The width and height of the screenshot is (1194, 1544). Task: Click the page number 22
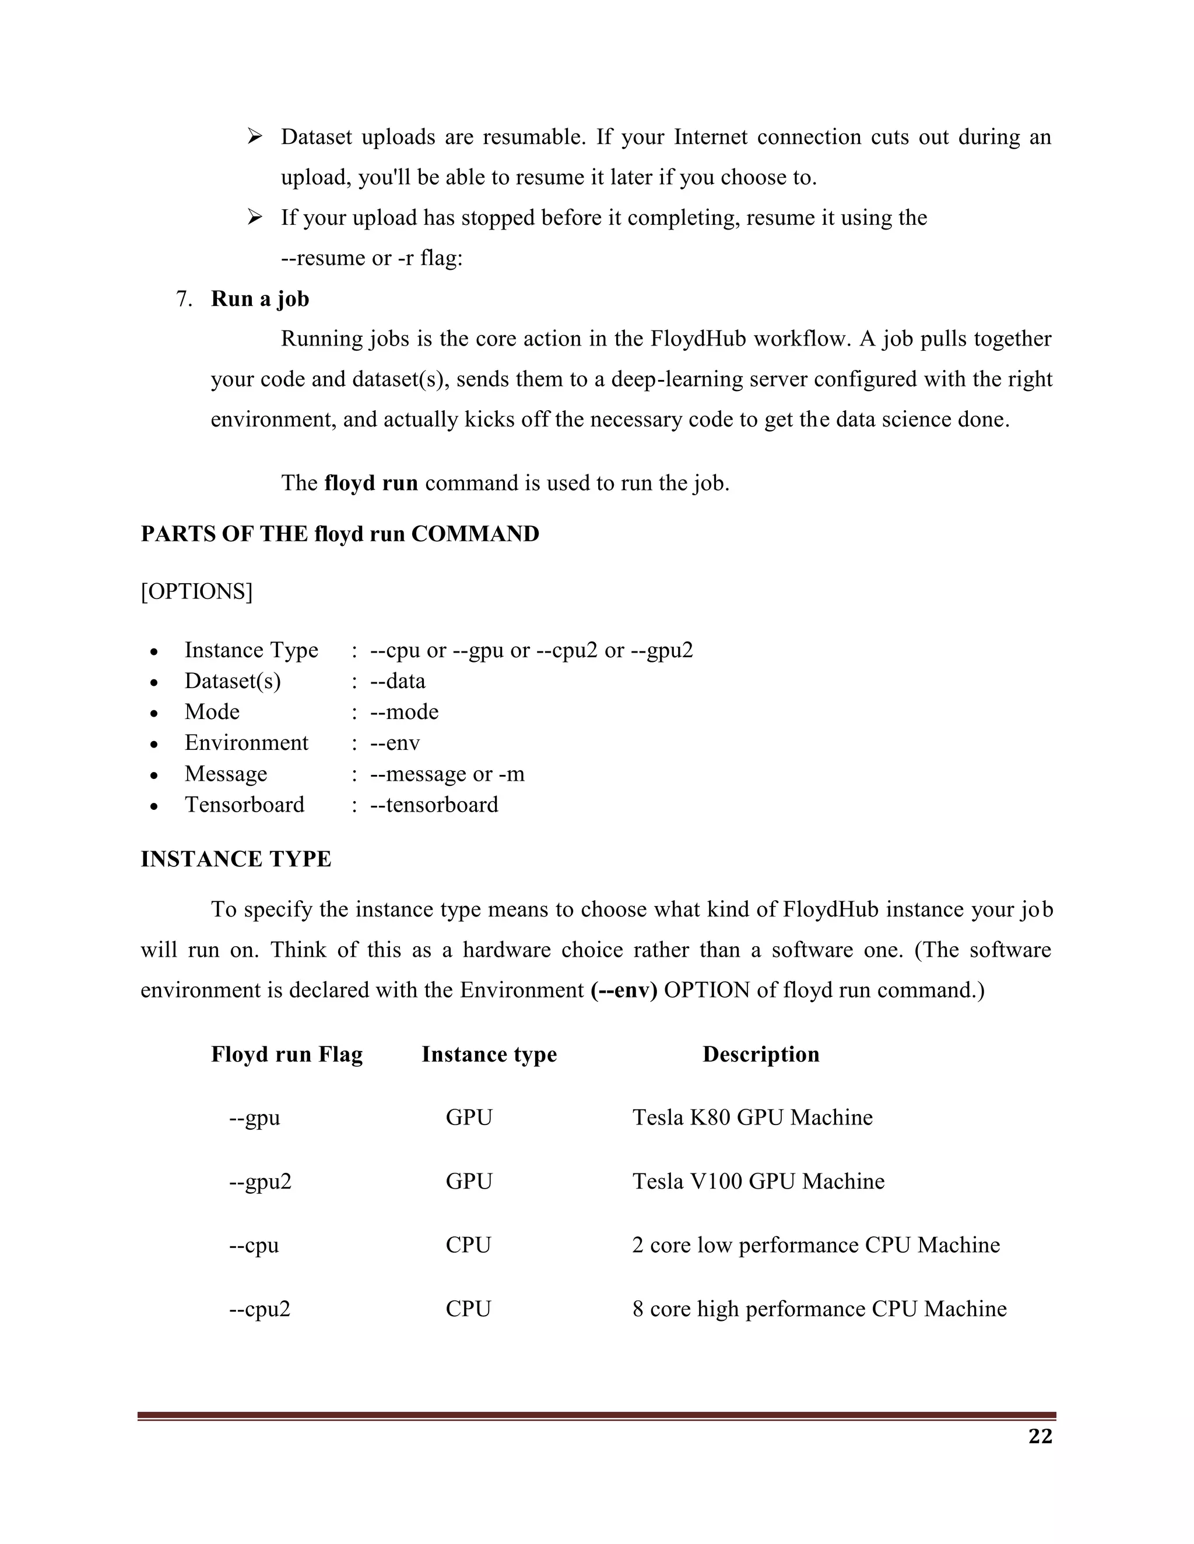1040,1437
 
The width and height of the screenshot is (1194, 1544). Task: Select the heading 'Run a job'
259,299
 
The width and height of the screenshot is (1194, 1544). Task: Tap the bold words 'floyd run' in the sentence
371,483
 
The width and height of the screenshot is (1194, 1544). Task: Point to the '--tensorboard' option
434,805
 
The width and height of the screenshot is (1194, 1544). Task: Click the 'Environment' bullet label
246,742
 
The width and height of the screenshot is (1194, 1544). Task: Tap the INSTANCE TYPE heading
236,859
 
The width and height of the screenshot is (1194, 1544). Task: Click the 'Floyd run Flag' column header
286,1054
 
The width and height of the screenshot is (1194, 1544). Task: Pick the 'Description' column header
760,1054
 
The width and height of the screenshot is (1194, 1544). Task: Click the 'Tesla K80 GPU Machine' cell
752,1117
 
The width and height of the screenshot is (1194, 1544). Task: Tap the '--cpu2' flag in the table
259,1309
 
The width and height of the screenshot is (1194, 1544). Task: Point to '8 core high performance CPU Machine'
819,1309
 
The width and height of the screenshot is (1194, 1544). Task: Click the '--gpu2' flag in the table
260,1182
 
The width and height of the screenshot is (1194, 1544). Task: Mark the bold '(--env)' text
624,990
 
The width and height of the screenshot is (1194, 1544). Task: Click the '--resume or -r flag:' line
371,258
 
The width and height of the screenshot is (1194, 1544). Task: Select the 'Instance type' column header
489,1054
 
